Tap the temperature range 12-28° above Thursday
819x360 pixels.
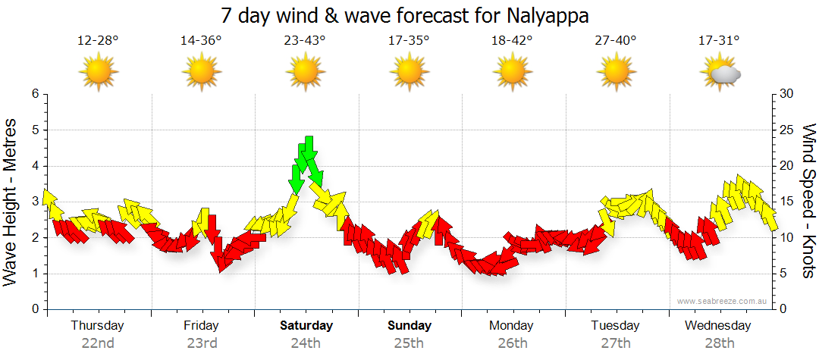click(98, 40)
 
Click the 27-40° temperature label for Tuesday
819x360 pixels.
click(616, 40)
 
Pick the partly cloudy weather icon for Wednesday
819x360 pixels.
click(720, 73)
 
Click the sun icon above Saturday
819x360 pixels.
click(305, 73)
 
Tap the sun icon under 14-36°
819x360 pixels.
click(201, 73)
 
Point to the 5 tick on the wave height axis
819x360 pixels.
click(34, 130)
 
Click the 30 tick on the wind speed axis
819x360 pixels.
click(786, 94)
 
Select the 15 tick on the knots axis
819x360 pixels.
click(786, 202)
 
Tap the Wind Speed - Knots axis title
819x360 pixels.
click(808, 201)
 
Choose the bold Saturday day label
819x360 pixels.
click(306, 326)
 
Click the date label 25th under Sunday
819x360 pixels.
click(409, 343)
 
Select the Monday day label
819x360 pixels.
click(512, 326)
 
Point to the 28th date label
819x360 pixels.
click(718, 343)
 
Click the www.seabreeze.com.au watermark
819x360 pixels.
click(723, 301)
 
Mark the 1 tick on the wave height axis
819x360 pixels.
click(34, 274)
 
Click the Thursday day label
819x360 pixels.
click(98, 326)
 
